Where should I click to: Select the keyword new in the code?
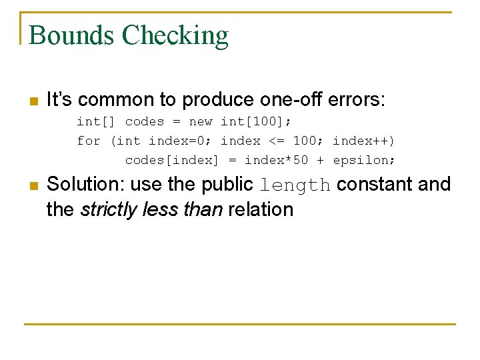pyautogui.click(x=201, y=121)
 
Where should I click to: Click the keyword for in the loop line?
pyautogui.click(x=89, y=141)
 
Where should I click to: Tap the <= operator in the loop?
pyautogui.click(x=276, y=141)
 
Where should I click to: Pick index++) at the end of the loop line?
pyautogui.click(x=363, y=141)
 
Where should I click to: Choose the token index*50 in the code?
pyautogui.click(x=276, y=160)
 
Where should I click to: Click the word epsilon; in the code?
pyautogui.click(x=364, y=160)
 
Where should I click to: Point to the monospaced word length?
pyautogui.click(x=295, y=185)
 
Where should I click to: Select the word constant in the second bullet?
pyautogui.click(x=374, y=184)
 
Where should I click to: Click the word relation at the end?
pyautogui.click(x=261, y=209)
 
